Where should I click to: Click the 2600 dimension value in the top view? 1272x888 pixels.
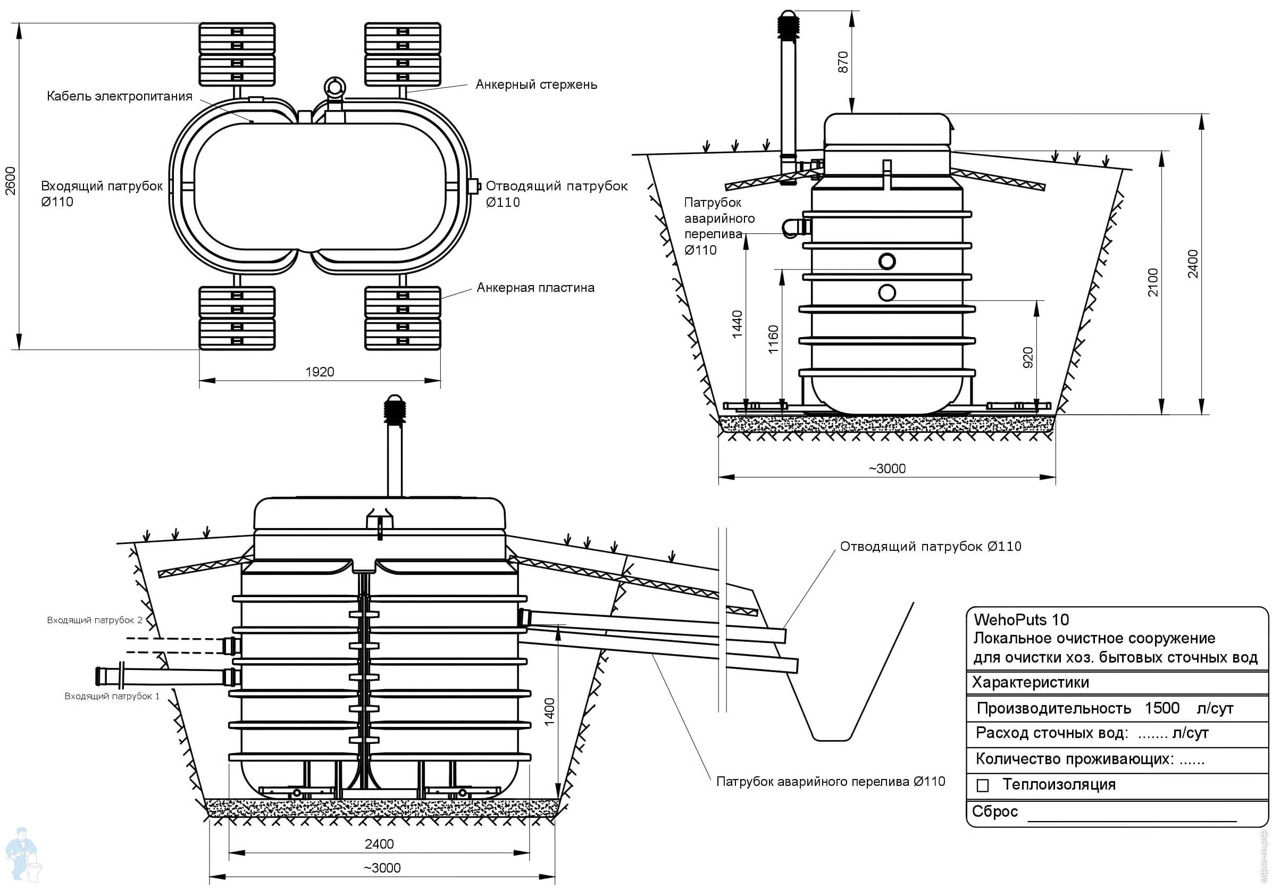[11, 181]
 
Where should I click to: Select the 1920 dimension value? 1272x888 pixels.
[320, 372]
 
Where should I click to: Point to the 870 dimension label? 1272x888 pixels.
[843, 62]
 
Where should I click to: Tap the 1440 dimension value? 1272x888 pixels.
[737, 324]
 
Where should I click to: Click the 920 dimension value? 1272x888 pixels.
[1028, 357]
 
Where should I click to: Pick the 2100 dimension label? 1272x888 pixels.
[1153, 282]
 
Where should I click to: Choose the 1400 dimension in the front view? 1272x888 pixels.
[549, 712]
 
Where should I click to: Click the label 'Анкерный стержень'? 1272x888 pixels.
[535, 85]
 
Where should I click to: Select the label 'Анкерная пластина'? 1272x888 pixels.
[535, 288]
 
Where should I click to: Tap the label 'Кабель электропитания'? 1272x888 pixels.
[119, 96]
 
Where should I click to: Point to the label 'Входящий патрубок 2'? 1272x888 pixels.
[95, 620]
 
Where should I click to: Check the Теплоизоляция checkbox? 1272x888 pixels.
[983, 785]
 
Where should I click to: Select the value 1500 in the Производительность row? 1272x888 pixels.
[1162, 708]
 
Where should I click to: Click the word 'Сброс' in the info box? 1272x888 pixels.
[995, 811]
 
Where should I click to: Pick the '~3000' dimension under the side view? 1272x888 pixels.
[886, 468]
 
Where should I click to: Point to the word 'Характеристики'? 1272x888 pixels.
[1031, 682]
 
